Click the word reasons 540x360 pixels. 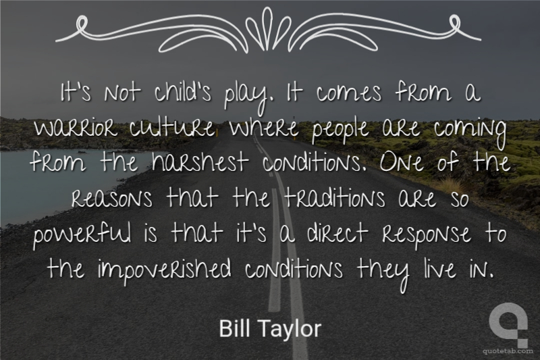(x=112, y=198)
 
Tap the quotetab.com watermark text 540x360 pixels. (x=506, y=351)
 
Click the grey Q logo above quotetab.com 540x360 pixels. (x=508, y=324)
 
